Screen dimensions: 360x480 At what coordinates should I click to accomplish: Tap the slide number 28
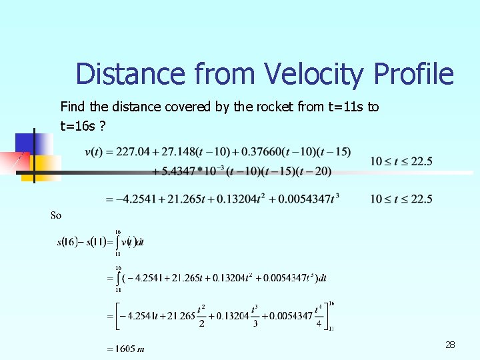click(x=450, y=345)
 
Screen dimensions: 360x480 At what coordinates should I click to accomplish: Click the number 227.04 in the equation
click(x=133, y=152)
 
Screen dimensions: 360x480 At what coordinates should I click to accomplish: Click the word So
click(x=56, y=215)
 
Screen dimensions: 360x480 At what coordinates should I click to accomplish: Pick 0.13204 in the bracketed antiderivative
click(x=231, y=315)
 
